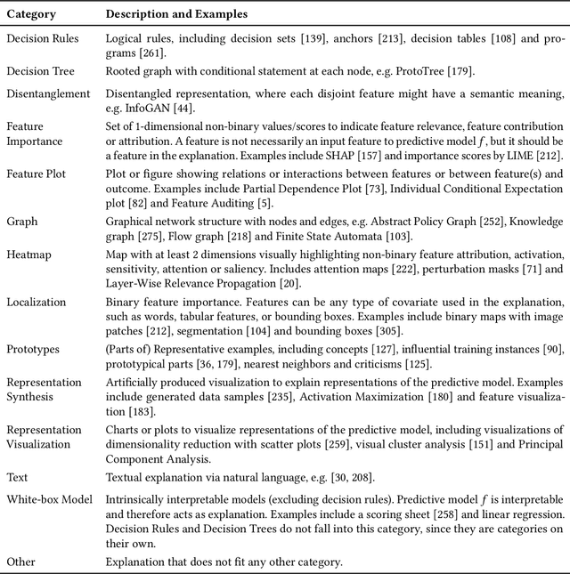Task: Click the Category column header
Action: coord(33,14)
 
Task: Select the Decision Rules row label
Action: coord(42,39)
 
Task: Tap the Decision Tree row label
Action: coord(39,71)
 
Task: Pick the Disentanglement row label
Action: coord(48,93)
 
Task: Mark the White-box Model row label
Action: coord(49,498)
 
